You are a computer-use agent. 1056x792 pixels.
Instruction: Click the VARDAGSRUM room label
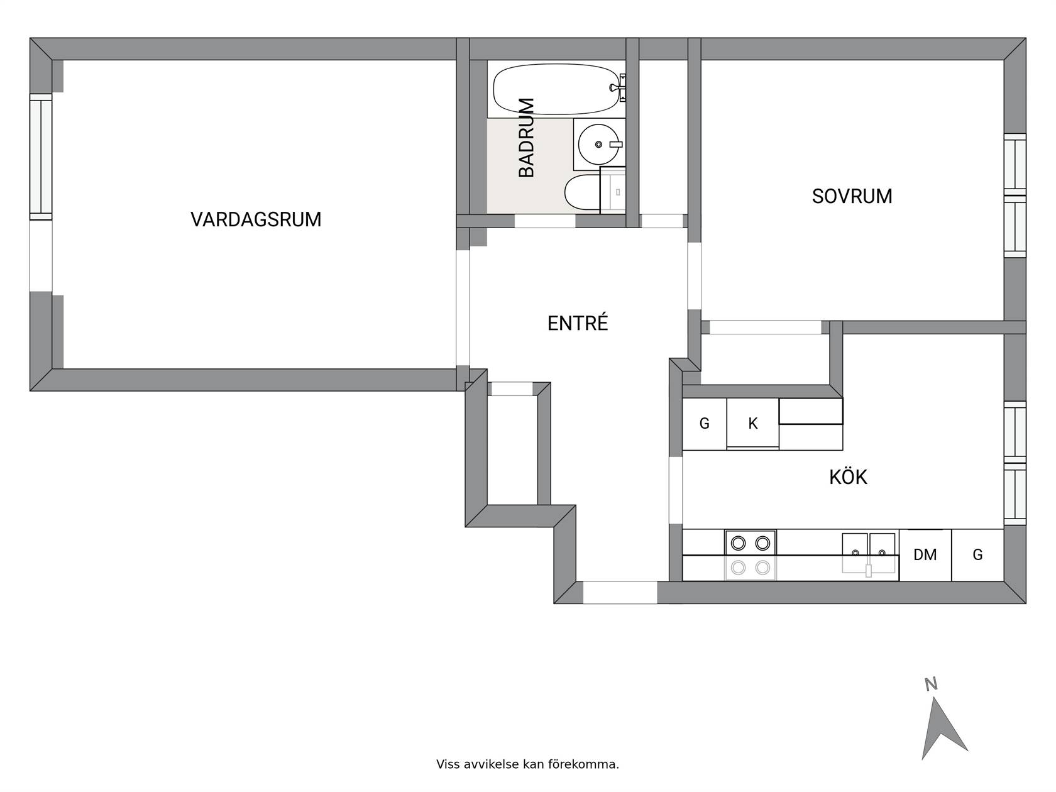point(256,219)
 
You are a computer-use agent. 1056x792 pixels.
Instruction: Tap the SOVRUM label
point(852,196)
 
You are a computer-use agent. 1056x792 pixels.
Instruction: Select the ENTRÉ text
point(578,322)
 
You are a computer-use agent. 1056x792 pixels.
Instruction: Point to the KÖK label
point(848,476)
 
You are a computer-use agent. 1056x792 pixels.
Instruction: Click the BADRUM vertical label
point(526,138)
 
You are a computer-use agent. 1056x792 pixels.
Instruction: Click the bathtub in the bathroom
point(557,89)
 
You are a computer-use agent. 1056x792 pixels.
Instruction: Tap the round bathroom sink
point(598,145)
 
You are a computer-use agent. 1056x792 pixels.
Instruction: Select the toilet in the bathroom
point(583,192)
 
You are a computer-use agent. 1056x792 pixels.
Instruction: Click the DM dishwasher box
point(925,555)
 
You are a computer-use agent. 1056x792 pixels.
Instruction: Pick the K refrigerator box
point(752,424)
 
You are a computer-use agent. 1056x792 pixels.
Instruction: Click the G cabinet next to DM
point(977,555)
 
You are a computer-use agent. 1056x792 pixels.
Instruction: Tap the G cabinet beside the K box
point(705,424)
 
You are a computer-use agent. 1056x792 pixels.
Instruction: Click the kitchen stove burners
point(750,556)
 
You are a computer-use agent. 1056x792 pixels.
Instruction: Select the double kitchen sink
point(869,553)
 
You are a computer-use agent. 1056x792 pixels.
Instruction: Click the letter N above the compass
point(931,684)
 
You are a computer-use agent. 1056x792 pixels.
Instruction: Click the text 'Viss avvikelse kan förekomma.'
point(527,764)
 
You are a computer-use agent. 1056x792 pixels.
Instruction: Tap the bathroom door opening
point(544,221)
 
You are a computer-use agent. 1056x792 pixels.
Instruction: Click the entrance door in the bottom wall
point(620,592)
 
